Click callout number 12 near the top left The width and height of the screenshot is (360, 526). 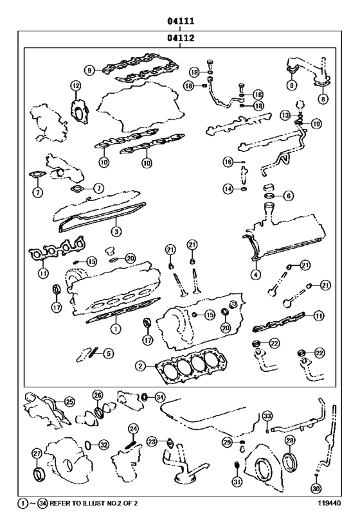pos(75,85)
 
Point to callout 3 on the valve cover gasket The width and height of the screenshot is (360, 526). pos(115,231)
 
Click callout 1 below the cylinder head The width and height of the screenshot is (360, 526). pos(116,327)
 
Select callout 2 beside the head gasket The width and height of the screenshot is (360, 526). pos(139,366)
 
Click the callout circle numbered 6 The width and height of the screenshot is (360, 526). pos(288,195)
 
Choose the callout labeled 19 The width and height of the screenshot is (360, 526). pos(316,123)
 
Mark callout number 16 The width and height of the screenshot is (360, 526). pos(228,162)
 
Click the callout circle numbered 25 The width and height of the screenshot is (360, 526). pos(69,401)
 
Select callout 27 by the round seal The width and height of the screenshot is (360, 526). pos(37,453)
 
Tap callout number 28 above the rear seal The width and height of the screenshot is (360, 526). pos(289,441)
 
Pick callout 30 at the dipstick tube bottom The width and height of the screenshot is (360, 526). pos(316,488)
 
